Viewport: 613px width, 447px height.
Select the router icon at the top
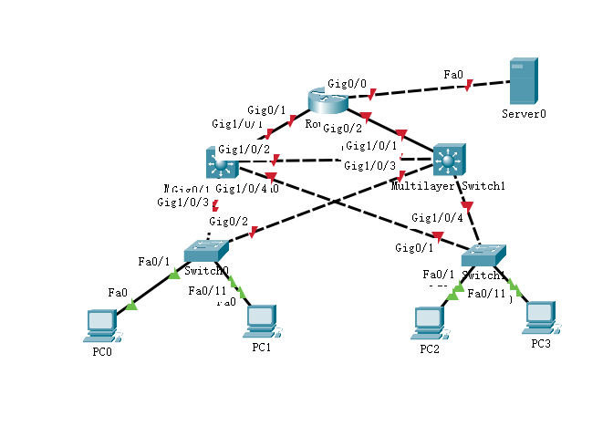pos(324,103)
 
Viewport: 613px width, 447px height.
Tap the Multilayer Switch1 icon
pos(448,160)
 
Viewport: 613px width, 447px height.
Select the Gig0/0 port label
pos(347,84)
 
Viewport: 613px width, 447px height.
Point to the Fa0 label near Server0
pos(452,73)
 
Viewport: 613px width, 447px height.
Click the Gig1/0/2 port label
pos(244,149)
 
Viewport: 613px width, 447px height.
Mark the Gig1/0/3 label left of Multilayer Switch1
pos(369,165)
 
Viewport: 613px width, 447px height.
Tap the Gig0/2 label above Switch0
pos(227,221)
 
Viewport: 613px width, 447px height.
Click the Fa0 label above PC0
pos(117,293)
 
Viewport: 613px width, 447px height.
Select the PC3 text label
pos(541,343)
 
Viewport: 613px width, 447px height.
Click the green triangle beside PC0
pos(131,306)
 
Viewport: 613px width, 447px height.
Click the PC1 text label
pos(261,348)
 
